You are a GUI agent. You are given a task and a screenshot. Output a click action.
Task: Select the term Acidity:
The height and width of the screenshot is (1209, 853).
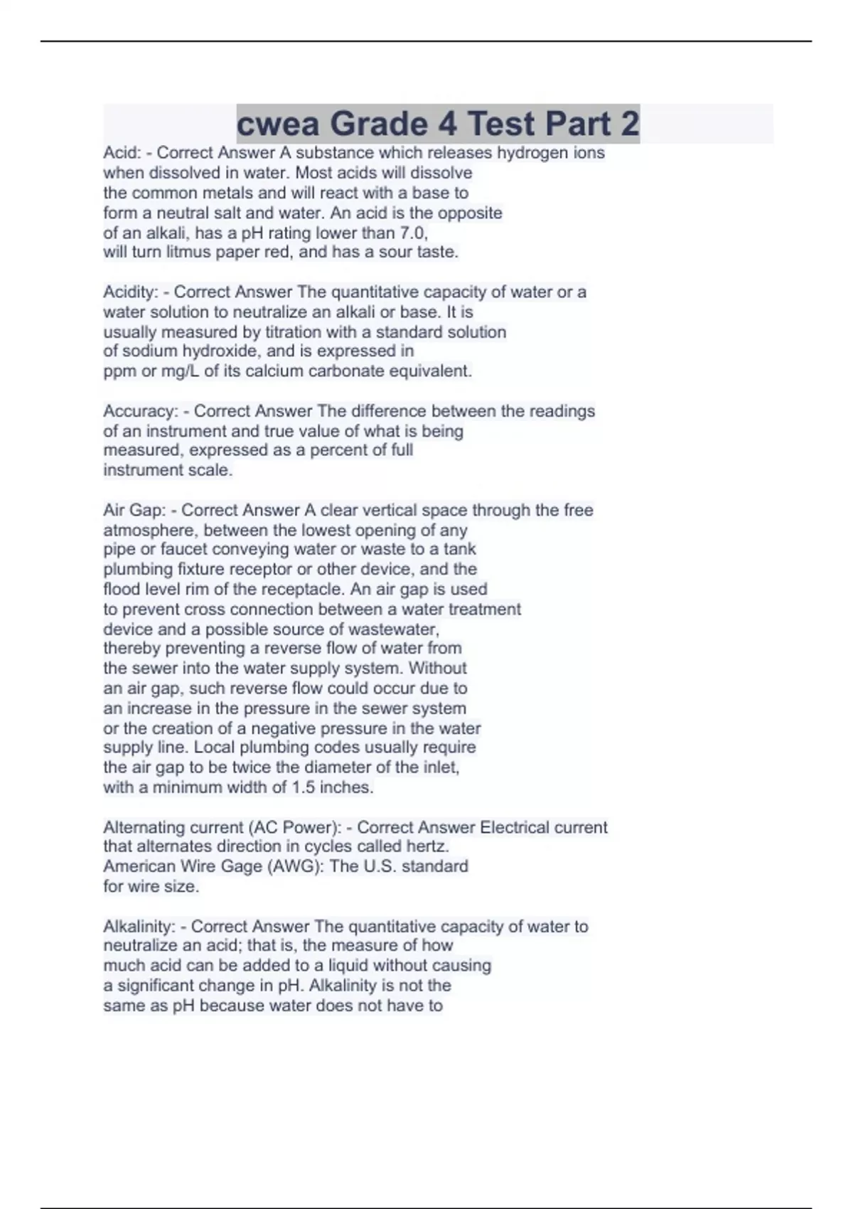(x=131, y=292)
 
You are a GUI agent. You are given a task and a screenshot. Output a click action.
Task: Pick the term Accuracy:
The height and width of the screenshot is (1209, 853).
(x=141, y=411)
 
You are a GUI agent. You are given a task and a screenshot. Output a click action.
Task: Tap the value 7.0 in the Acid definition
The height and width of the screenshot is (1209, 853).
(x=414, y=233)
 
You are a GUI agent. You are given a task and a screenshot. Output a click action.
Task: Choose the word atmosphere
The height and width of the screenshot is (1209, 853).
(x=150, y=531)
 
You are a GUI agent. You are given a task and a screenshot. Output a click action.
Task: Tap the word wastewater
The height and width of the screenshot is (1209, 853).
(x=401, y=630)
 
